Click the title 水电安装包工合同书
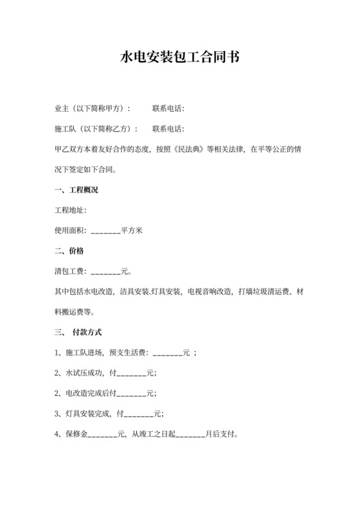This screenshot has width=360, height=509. [180, 57]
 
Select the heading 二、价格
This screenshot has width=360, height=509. [69, 251]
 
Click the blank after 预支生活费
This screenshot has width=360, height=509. [167, 354]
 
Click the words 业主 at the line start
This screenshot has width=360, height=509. [62, 108]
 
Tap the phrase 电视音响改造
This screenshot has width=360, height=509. [208, 292]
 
